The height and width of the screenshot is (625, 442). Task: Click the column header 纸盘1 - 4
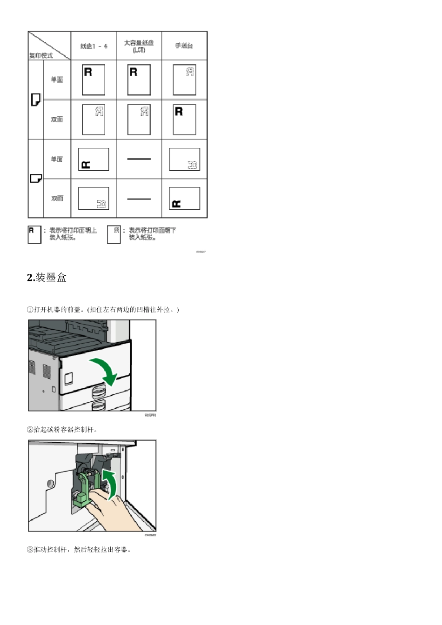(94, 46)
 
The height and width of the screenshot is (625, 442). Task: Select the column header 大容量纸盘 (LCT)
(139, 46)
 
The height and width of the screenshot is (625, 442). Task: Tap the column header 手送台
(184, 46)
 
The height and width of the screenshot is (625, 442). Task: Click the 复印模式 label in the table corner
(41, 55)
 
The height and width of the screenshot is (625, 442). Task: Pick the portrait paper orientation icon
(35, 100)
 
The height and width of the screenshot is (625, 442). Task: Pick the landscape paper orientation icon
(36, 179)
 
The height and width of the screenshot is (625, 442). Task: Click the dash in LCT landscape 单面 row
(139, 159)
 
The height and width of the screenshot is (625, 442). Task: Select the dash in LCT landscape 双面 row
(139, 199)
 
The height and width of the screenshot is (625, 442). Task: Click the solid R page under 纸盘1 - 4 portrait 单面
(94, 80)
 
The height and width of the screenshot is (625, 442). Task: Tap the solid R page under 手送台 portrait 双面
(184, 120)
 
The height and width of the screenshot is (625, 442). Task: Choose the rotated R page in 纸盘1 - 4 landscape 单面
(94, 159)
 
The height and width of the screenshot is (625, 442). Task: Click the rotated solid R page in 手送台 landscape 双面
(184, 199)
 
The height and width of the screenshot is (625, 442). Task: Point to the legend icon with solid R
(34, 235)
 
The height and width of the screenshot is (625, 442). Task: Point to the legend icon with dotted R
(114, 235)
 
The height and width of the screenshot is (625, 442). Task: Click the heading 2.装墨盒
(47, 278)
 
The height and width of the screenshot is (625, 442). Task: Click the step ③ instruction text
(80, 550)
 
